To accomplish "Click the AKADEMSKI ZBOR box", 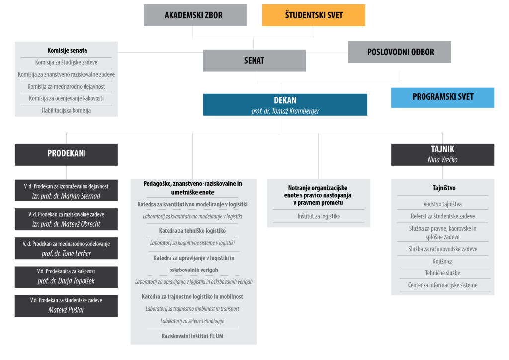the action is pyautogui.click(x=195, y=15).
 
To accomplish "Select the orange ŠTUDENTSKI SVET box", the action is pyautogui.click(x=314, y=15).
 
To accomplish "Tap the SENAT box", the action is pyautogui.click(x=254, y=60).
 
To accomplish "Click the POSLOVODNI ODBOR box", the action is pyautogui.click(x=400, y=52).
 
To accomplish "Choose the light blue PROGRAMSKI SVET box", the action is pyautogui.click(x=442, y=97).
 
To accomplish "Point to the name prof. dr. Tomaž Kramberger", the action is pyautogui.click(x=285, y=111).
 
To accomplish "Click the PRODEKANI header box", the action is pyautogui.click(x=66, y=155).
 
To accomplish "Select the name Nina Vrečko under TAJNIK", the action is pyautogui.click(x=442, y=160).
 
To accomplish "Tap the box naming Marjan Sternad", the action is pyautogui.click(x=66, y=190).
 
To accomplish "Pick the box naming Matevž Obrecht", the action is pyautogui.click(x=66, y=219).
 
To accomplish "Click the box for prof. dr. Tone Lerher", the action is pyautogui.click(x=66, y=248).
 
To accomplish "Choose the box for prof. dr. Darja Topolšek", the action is pyautogui.click(x=66, y=277).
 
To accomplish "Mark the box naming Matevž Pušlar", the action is pyautogui.click(x=66, y=306).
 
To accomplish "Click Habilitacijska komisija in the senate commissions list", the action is pyautogui.click(x=66, y=110).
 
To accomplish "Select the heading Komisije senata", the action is pyautogui.click(x=67, y=50).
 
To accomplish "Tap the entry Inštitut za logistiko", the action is pyautogui.click(x=319, y=216).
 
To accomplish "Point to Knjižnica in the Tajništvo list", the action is pyautogui.click(x=442, y=261).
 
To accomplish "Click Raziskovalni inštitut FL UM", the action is pyautogui.click(x=192, y=336).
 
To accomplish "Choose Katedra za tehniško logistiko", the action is pyautogui.click(x=192, y=231).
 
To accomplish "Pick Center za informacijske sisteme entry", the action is pyautogui.click(x=442, y=285).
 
